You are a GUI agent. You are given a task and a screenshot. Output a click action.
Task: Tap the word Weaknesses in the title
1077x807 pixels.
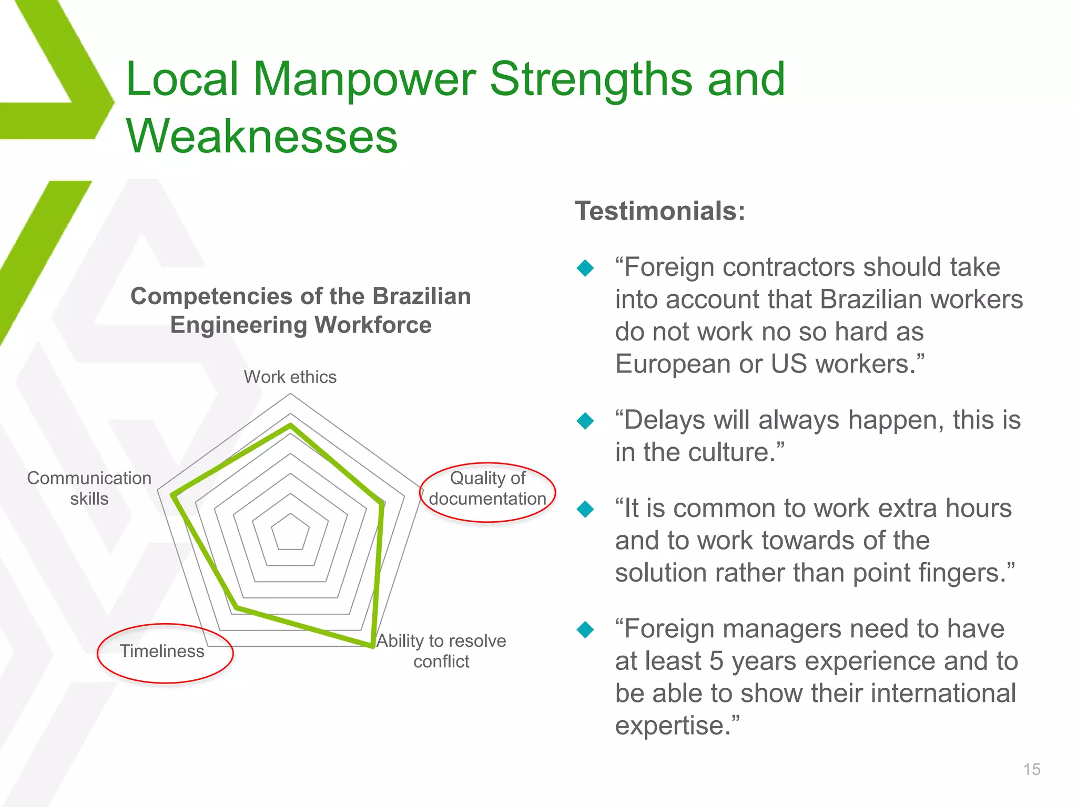pyautogui.click(x=261, y=136)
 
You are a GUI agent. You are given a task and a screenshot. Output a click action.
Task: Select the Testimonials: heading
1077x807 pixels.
pyautogui.click(x=660, y=211)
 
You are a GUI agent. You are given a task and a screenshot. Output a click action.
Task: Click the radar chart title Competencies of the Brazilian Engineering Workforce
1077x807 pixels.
pyautogui.click(x=301, y=310)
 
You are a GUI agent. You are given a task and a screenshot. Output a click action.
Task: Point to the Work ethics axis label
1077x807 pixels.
pyautogui.click(x=290, y=377)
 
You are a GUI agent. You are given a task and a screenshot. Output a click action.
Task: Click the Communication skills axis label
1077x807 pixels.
pyautogui.click(x=89, y=488)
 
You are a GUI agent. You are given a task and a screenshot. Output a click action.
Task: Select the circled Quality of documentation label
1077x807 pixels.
pyautogui.click(x=487, y=489)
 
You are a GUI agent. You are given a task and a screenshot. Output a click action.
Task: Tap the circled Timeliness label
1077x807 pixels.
pyautogui.click(x=162, y=651)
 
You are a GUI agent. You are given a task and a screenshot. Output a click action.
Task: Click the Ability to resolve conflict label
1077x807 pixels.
pyautogui.click(x=441, y=650)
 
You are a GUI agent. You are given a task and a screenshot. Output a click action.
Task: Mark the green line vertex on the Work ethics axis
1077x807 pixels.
pyautogui.click(x=290, y=426)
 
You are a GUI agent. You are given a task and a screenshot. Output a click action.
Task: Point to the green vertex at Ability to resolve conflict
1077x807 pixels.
pyautogui.click(x=372, y=646)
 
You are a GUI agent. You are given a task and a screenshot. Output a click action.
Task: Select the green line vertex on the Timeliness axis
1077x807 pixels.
pyautogui.click(x=237, y=608)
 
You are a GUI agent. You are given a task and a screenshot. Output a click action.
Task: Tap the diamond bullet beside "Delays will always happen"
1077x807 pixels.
pyautogui.click(x=585, y=421)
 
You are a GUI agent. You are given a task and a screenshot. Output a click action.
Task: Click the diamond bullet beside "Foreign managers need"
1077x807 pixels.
pyautogui.click(x=585, y=629)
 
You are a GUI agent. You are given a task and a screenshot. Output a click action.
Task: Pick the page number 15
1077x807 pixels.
pyautogui.click(x=1032, y=769)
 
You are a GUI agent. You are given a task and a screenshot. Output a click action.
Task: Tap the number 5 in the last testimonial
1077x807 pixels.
pyautogui.click(x=717, y=661)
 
